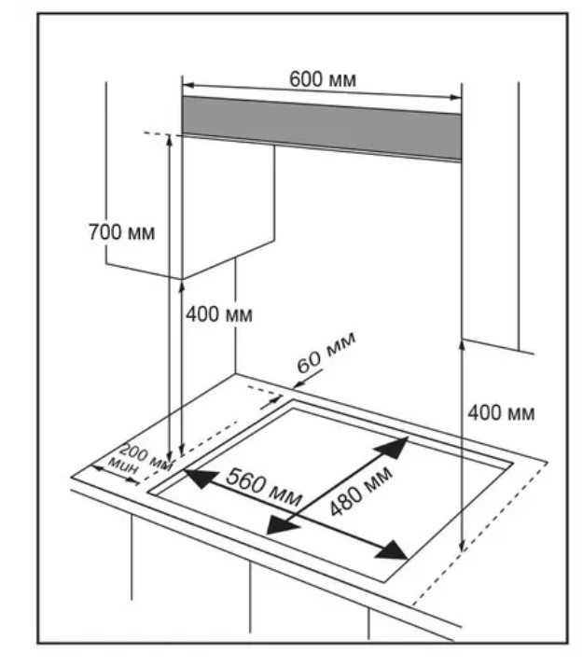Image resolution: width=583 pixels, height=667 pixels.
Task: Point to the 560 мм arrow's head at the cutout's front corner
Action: pos(399,553)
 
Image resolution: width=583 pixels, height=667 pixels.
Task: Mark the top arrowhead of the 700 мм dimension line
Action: pos(169,139)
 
